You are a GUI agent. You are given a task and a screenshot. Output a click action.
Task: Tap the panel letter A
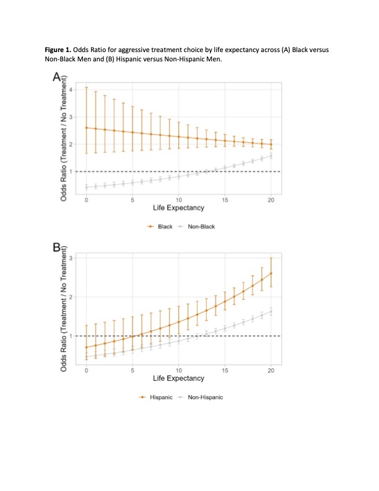coord(57,77)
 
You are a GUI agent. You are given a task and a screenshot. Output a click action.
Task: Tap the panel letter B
coord(57,248)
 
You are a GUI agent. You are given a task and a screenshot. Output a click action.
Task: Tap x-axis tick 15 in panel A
coord(225,200)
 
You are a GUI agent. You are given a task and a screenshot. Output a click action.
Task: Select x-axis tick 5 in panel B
coord(133,371)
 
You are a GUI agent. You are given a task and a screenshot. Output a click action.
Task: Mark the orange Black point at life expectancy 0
coord(86,128)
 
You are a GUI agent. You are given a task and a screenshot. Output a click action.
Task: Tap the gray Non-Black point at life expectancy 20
coord(271,156)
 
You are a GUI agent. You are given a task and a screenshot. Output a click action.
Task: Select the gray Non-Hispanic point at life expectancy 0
coord(86,357)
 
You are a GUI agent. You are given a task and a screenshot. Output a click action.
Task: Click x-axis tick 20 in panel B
coord(271,371)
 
